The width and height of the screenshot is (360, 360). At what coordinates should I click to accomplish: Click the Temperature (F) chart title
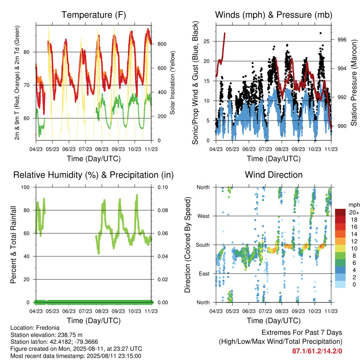coord(94,15)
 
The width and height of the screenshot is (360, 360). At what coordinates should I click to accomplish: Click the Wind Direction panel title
coord(274,175)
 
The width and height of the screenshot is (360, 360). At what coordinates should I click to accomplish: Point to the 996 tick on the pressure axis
coord(342,40)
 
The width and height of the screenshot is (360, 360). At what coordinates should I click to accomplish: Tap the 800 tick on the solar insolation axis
coord(162,44)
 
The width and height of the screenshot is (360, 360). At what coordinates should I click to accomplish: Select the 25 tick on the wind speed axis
coord(207,41)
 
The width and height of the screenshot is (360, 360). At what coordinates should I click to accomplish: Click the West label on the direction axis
coord(204,216)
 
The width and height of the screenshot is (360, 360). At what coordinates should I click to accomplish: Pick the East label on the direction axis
coord(204,274)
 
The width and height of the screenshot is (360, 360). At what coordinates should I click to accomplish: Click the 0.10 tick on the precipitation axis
coord(163,187)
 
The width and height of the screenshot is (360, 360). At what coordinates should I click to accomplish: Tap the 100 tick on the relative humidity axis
coord(25,187)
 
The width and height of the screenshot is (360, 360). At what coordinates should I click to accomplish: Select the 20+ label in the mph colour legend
coord(354,213)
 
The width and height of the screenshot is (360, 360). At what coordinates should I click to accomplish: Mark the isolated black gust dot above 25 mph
coord(321,33)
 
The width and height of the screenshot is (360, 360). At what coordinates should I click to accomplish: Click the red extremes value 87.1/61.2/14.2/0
coord(317,351)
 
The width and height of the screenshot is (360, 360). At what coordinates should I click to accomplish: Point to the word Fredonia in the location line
coord(48,328)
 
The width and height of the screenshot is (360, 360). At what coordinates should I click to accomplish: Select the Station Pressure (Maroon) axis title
coord(354,83)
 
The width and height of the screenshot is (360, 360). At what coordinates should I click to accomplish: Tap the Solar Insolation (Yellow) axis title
coord(172,83)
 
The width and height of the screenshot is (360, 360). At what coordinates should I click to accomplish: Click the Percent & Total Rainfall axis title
coord(13,245)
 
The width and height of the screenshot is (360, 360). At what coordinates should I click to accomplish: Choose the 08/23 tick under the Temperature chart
coord(102,149)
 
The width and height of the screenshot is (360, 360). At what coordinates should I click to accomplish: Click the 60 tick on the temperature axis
coord(27,118)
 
